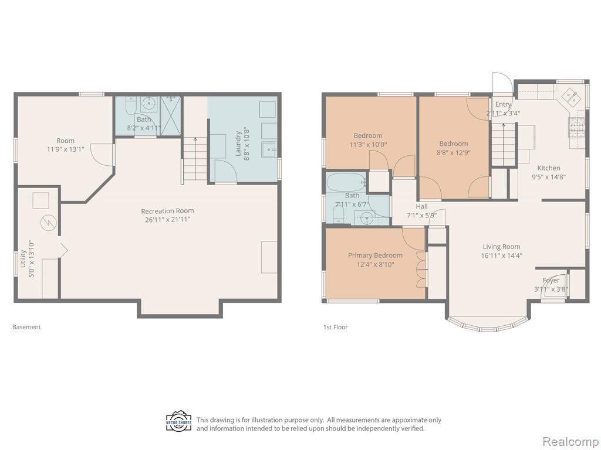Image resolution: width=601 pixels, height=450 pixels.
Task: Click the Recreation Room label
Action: (167, 211)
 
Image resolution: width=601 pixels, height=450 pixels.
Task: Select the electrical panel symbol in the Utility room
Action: (49, 222)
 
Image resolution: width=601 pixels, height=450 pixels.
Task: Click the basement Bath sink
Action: (148, 103)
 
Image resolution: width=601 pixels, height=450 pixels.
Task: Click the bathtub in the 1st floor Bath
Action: (346, 183)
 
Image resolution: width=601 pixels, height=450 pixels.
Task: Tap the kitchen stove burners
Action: (576, 127)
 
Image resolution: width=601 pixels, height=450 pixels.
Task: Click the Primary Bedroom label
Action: (375, 255)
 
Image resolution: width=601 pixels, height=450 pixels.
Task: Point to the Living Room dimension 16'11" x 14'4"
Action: (501, 255)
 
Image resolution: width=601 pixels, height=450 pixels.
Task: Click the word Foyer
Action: (551, 281)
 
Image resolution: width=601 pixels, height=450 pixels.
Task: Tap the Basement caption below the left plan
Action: (26, 327)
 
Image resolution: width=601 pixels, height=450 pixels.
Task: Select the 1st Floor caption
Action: (335, 327)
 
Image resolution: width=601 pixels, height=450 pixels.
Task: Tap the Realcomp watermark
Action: (570, 441)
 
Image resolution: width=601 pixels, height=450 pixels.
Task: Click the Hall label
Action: (421, 207)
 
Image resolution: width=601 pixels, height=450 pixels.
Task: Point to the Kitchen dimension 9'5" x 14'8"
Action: (549, 177)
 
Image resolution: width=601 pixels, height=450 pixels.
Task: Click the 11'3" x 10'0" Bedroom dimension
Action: (368, 145)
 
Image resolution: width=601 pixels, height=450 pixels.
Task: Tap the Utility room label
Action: (23, 259)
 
